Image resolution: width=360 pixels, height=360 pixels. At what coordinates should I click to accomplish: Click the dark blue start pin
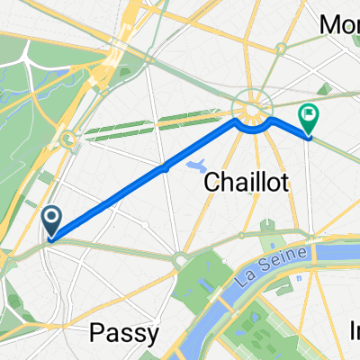(51, 218)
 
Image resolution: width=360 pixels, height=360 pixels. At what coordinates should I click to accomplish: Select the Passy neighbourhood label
(126, 333)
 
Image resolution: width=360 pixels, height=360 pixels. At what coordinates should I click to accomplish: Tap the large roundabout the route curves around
(252, 112)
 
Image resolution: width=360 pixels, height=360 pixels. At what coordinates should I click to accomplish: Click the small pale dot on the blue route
(165, 166)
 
